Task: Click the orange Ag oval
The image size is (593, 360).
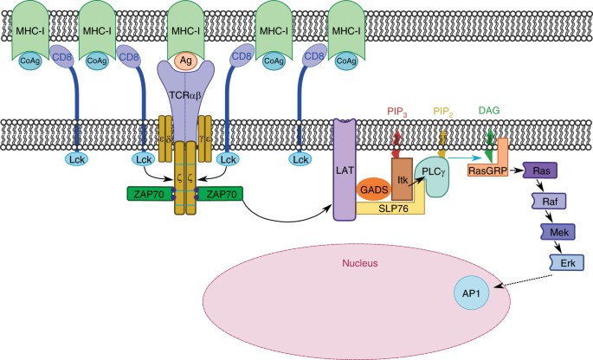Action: point(185,62)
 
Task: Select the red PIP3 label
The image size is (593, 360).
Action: point(396,112)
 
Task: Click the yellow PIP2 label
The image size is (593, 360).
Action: point(444,112)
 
